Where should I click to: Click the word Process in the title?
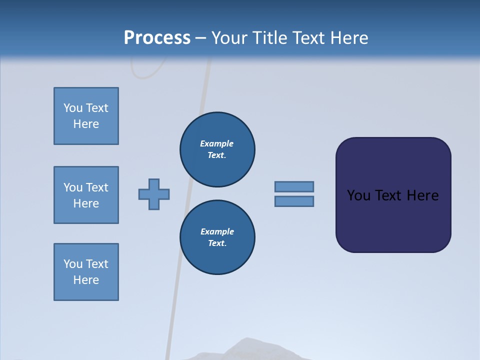[x=157, y=38]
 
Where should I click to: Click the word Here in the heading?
[x=348, y=38]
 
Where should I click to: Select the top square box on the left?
[x=86, y=116]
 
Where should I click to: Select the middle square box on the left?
[x=86, y=195]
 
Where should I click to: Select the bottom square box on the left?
[x=86, y=272]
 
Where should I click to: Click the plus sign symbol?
[x=154, y=194]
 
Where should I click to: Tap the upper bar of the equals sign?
[x=294, y=186]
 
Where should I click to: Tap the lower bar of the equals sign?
[x=294, y=201]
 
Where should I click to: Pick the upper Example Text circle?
[x=217, y=149]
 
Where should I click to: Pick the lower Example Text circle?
[x=217, y=237]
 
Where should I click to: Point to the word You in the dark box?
[x=359, y=195]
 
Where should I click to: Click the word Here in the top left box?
[x=86, y=124]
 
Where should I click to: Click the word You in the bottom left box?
[x=73, y=264]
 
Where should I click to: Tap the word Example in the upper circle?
[x=217, y=143]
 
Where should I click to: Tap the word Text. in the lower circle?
[x=217, y=243]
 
